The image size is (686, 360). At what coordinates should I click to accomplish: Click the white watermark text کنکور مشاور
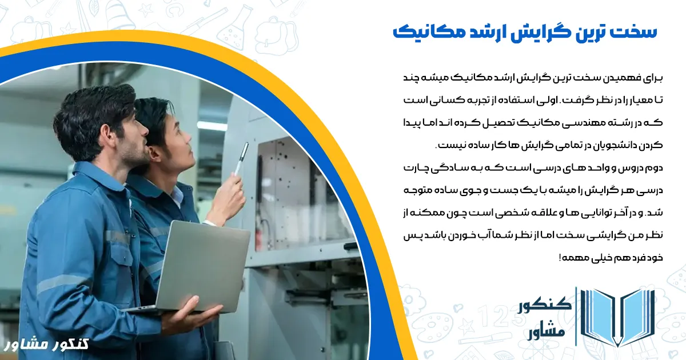point(47,345)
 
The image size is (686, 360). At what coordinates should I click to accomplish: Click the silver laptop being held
point(203,266)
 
